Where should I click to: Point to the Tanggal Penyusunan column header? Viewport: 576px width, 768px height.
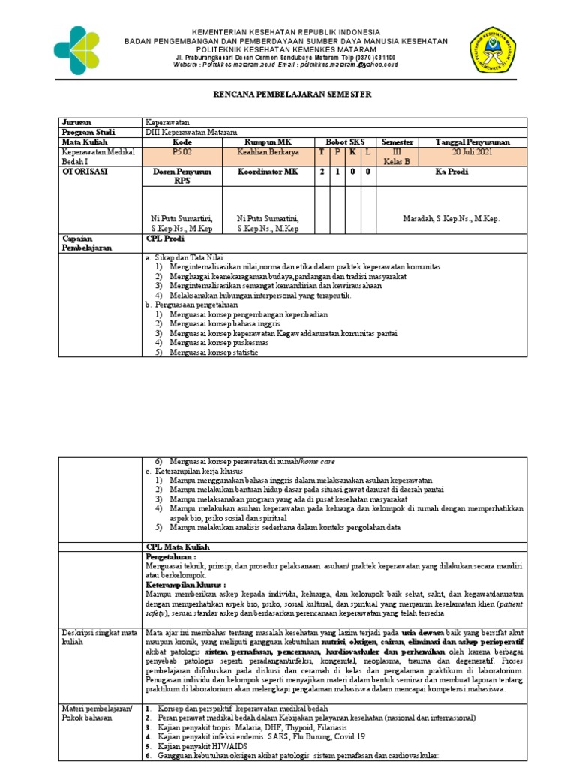pyautogui.click(x=473, y=141)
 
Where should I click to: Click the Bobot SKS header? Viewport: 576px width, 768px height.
pyautogui.click(x=344, y=141)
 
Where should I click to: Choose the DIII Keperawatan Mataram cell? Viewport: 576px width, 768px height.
pyautogui.click(x=189, y=131)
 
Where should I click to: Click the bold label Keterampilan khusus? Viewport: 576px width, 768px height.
pyautogui.click(x=184, y=583)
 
